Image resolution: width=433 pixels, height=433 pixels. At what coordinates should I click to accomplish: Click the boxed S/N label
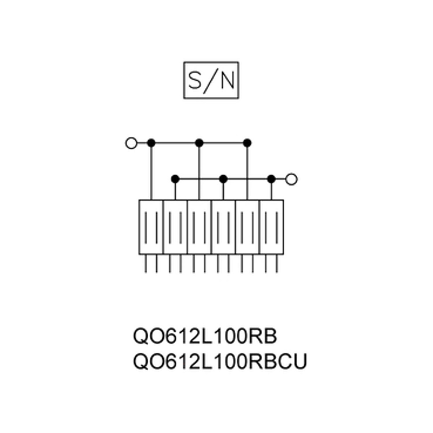click(x=211, y=80)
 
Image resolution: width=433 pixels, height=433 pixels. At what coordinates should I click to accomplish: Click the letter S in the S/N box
click(x=194, y=80)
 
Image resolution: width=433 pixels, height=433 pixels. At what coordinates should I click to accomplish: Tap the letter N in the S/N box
click(x=228, y=80)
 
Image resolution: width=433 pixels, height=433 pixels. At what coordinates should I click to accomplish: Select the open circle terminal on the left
click(x=131, y=143)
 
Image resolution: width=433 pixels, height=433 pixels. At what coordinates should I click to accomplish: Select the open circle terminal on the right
click(x=292, y=179)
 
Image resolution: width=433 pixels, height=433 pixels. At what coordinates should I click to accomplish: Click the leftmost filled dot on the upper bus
click(x=151, y=143)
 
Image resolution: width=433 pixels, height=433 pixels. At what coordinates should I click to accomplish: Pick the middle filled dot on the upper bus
click(x=199, y=143)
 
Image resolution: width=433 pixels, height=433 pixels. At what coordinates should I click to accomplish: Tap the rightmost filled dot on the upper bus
click(x=247, y=143)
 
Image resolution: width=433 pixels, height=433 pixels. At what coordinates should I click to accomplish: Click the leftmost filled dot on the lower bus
click(x=175, y=179)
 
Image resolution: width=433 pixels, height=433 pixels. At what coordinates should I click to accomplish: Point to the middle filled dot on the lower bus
click(x=223, y=179)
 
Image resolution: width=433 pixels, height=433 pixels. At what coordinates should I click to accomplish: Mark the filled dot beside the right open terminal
click(x=271, y=179)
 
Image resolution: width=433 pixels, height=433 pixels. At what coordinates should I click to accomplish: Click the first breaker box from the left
click(x=151, y=227)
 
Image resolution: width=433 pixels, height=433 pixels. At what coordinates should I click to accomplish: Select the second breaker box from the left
click(x=175, y=227)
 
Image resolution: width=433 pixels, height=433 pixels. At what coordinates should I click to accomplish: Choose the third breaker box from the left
click(x=199, y=227)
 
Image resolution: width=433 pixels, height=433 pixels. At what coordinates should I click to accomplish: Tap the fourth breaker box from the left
click(x=223, y=227)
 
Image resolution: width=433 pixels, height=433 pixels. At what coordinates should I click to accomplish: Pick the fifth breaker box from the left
click(x=248, y=227)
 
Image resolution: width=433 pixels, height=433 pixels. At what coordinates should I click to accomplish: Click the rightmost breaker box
click(x=271, y=227)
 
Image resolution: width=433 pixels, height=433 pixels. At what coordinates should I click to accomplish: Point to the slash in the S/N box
click(x=211, y=81)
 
